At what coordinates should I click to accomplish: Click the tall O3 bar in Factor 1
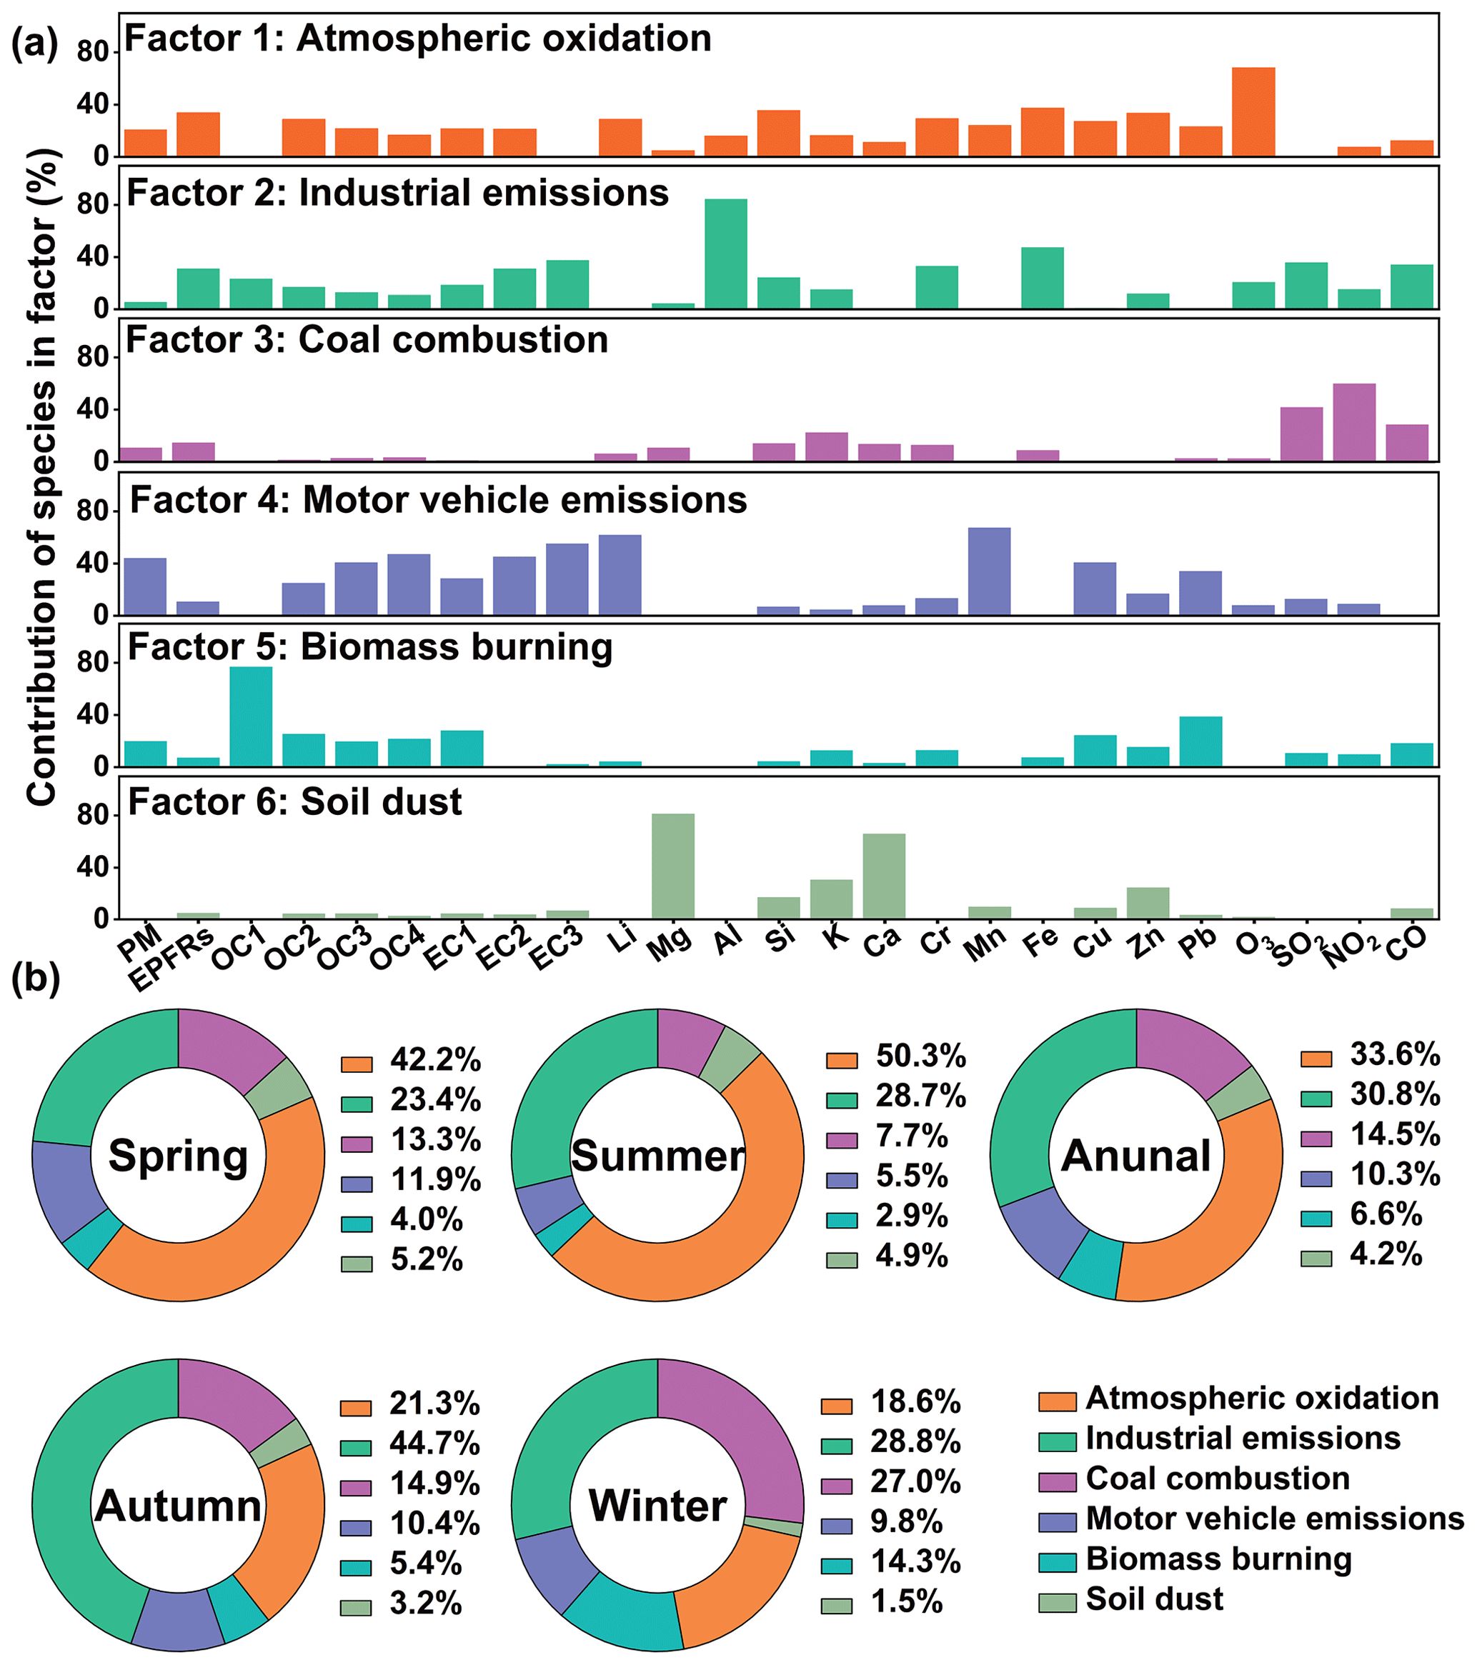click(x=1252, y=111)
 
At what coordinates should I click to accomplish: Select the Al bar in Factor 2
click(x=725, y=254)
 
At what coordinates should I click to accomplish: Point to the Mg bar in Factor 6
click(x=673, y=866)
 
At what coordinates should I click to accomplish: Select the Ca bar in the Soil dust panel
click(x=884, y=876)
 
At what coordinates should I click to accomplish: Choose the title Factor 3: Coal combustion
click(x=367, y=340)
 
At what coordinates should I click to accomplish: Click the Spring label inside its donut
click(x=179, y=1156)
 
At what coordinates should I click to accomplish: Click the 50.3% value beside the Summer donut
click(x=920, y=1056)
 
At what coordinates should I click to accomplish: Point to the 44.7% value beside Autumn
click(x=434, y=1444)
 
